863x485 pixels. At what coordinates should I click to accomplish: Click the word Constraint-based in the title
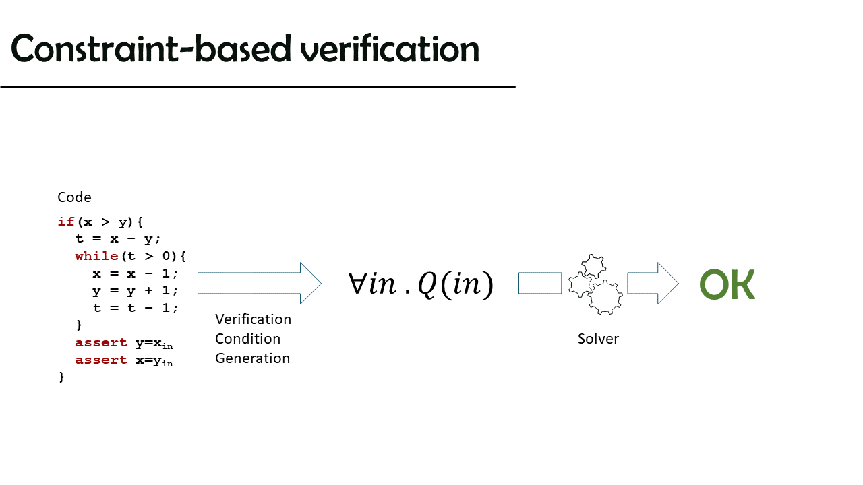tap(151, 48)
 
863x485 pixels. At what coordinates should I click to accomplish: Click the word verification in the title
tap(390, 48)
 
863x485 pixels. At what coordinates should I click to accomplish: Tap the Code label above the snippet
tap(74, 197)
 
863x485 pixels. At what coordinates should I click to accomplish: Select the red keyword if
tap(65, 222)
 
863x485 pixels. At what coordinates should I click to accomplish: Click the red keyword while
tap(96, 256)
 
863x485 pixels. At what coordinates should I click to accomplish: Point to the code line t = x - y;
tap(118, 239)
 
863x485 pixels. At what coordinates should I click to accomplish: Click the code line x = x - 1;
tap(136, 273)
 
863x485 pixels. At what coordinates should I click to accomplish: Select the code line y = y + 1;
tap(136, 291)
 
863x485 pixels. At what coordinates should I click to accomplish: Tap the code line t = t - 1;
tap(136, 308)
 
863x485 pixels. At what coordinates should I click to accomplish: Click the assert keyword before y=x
tap(101, 342)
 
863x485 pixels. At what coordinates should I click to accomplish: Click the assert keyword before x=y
tap(101, 360)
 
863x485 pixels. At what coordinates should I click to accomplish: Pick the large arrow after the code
tap(260, 284)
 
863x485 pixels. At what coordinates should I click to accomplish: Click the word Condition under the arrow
tap(247, 339)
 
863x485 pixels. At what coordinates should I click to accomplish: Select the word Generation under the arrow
tap(252, 358)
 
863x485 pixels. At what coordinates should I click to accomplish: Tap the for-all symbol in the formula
tap(357, 284)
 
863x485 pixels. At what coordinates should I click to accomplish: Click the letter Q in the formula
tap(427, 284)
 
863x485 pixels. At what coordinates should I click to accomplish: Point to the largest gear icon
tap(605, 297)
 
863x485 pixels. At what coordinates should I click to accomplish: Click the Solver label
tap(598, 339)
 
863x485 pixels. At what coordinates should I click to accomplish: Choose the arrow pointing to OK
tap(653, 284)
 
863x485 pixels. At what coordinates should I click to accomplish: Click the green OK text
tap(727, 284)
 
